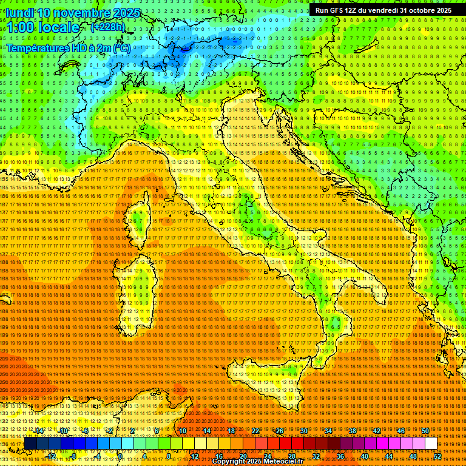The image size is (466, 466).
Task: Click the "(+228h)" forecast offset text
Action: click(107, 27)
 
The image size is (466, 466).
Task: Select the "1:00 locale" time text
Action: click(44, 28)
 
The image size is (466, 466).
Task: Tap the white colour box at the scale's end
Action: click(431, 444)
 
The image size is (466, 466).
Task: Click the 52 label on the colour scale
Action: click(437, 456)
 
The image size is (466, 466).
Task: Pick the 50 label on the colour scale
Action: click(425, 431)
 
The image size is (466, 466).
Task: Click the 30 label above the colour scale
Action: click(303, 431)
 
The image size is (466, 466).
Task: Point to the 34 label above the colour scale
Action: click(328, 431)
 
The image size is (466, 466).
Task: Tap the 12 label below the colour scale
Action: click(195, 456)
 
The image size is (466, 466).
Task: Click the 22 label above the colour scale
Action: click(255, 431)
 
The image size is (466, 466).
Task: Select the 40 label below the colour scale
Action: click(364, 456)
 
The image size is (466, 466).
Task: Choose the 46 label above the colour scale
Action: click(400, 431)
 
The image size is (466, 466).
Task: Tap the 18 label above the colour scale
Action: click(231, 431)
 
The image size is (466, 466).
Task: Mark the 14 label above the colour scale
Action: click(206, 431)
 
